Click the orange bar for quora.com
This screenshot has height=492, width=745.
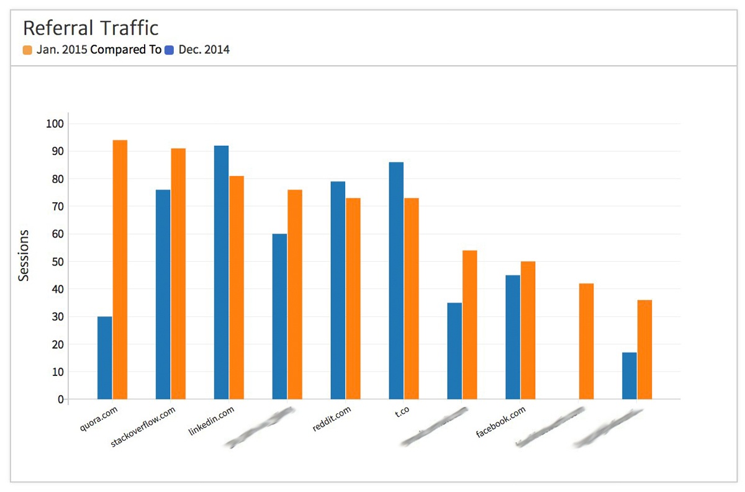[120, 270]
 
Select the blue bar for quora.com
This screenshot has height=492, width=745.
[105, 358]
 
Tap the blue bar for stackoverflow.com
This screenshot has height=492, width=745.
[163, 295]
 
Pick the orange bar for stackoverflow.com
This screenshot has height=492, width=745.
[178, 274]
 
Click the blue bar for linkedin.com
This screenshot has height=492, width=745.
[222, 272]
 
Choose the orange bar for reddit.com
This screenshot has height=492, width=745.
[353, 298]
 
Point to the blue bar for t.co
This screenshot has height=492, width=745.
[396, 280]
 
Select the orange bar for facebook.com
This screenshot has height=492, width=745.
[528, 330]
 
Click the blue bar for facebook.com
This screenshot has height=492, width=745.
[513, 337]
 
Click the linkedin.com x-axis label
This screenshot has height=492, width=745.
[212, 421]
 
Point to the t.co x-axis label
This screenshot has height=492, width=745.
[402, 411]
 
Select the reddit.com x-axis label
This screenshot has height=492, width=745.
[332, 418]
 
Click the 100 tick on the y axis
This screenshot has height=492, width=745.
[55, 124]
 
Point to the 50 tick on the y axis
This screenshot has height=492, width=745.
[57, 262]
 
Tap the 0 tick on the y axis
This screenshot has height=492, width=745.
[60, 400]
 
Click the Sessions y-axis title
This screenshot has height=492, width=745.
[24, 256]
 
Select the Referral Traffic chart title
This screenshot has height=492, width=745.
[91, 28]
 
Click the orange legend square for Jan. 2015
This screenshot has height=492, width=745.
[27, 50]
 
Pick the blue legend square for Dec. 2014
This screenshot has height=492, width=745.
[169, 50]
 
